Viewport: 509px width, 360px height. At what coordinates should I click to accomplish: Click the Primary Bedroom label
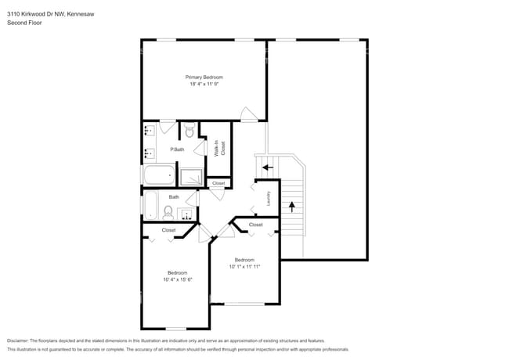click(204, 77)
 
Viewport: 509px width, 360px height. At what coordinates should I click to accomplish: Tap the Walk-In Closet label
click(221, 148)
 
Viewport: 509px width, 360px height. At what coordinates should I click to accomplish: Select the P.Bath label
click(178, 149)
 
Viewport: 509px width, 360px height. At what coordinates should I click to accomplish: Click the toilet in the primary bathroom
click(189, 131)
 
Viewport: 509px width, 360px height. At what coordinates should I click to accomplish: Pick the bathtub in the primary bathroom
click(160, 175)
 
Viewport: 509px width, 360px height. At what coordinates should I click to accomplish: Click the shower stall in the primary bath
click(191, 176)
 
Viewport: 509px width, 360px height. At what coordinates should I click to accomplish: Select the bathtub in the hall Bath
click(151, 206)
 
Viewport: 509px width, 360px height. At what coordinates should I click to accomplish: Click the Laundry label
click(268, 199)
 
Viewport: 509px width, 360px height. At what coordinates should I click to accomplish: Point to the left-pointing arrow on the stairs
click(267, 167)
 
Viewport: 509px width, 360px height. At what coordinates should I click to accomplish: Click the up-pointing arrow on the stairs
click(293, 207)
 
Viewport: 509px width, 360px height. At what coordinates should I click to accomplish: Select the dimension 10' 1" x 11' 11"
click(244, 266)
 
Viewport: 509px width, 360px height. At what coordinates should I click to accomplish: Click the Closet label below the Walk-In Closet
click(218, 183)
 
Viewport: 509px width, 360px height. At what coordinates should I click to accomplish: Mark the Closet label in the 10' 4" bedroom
click(169, 230)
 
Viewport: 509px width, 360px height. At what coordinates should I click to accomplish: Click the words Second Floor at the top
click(24, 23)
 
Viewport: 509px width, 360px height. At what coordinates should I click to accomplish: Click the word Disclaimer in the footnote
click(21, 340)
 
